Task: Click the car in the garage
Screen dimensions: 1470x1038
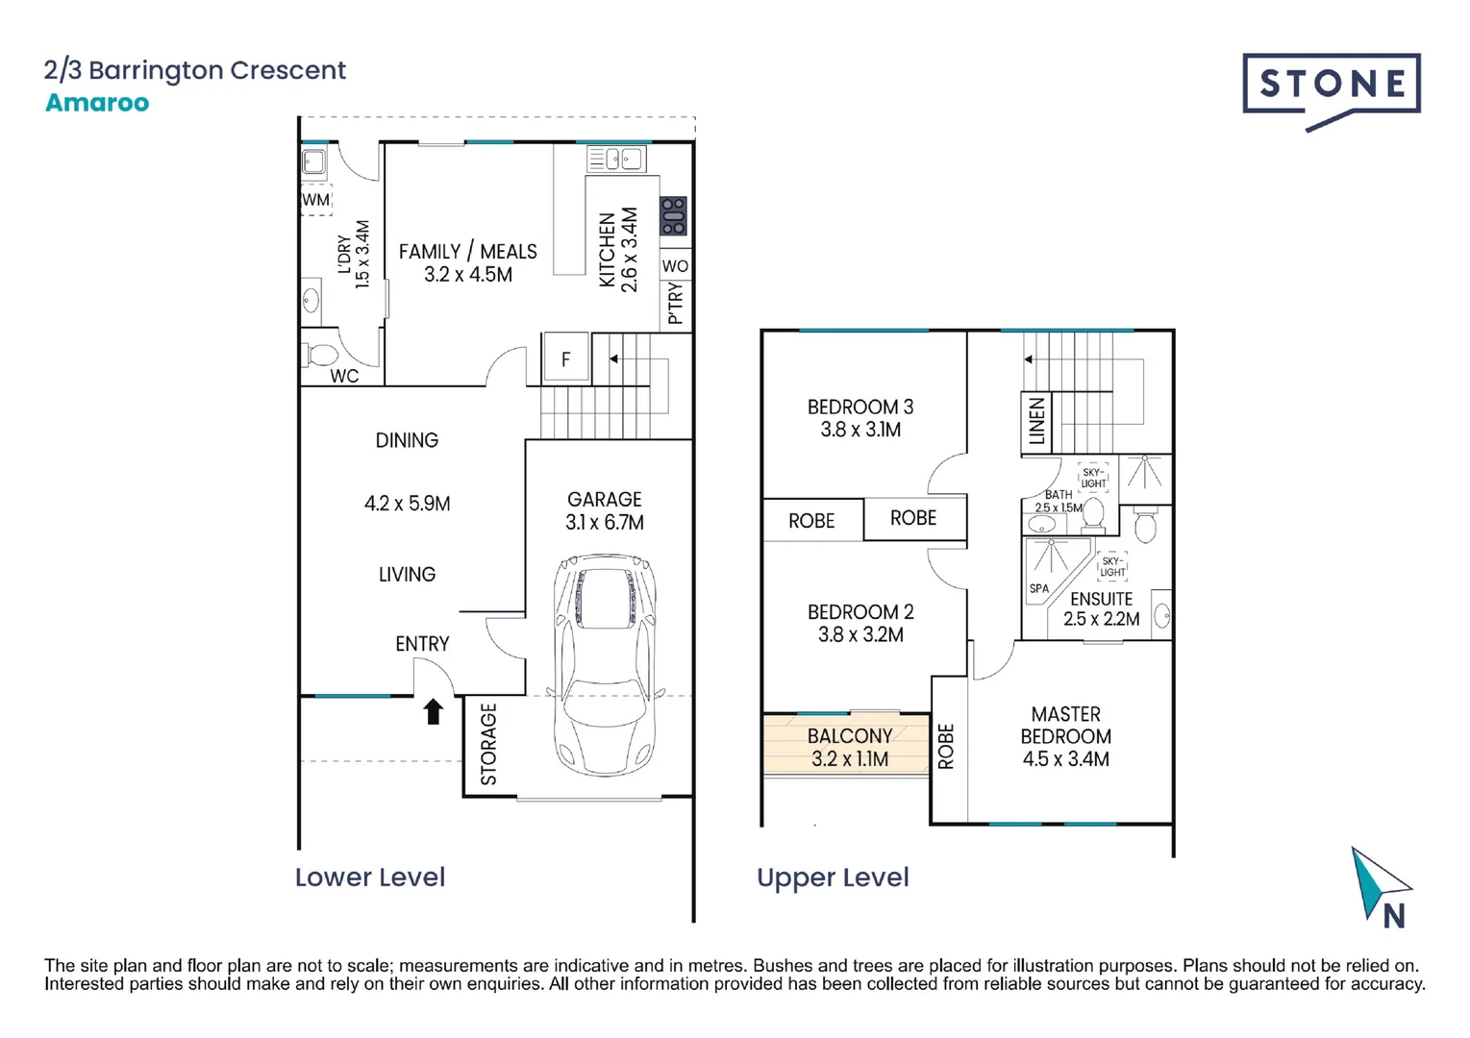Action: pos(605,664)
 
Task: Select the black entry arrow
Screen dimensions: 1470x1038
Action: pos(433,711)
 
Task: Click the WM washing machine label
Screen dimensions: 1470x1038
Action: pos(316,200)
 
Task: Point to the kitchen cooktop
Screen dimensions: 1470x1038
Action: pos(673,216)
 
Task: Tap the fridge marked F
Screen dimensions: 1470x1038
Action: pos(565,358)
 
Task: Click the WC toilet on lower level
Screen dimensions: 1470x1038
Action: pos(319,356)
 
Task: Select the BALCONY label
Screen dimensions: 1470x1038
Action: pos(850,735)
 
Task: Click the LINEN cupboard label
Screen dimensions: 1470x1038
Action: pos(1036,421)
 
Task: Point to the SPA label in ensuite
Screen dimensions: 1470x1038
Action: pos(1039,588)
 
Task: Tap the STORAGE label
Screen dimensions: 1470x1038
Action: pos(489,744)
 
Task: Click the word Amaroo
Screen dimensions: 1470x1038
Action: pos(97,102)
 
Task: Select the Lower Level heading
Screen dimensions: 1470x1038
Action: pos(370,877)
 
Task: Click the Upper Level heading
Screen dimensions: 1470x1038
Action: pos(833,877)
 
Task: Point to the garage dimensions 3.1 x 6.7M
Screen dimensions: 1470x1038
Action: pos(605,522)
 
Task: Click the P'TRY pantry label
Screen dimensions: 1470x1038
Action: pos(675,303)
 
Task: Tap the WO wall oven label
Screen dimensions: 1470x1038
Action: pos(675,266)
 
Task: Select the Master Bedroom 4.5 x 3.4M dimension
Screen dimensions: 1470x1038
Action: pos(1066,759)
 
